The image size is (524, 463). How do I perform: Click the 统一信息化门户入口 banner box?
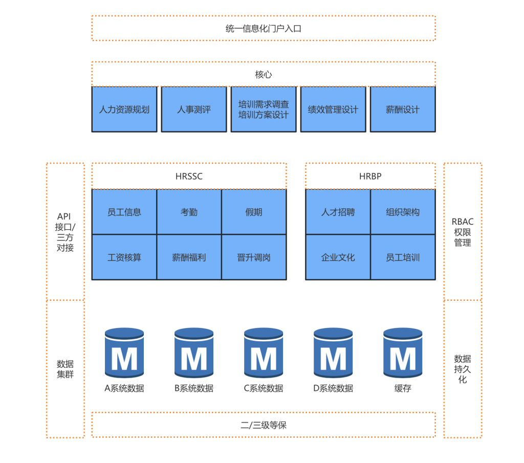click(x=264, y=28)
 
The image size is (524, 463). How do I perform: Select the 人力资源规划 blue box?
click(x=124, y=109)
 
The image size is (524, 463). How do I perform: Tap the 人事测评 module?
click(x=194, y=109)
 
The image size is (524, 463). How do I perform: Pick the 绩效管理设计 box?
click(x=333, y=109)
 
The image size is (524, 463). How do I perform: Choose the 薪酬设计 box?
click(x=403, y=109)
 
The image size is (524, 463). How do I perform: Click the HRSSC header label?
click(x=189, y=177)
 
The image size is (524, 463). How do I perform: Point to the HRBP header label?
click(x=370, y=177)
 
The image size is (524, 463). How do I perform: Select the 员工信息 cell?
click(x=124, y=212)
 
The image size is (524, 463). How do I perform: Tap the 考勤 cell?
click(x=189, y=212)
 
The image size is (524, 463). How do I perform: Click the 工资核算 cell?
click(x=124, y=257)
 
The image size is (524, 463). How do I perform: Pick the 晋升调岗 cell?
click(x=254, y=257)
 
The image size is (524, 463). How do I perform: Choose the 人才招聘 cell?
click(x=338, y=212)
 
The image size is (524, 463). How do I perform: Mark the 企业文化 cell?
click(x=338, y=257)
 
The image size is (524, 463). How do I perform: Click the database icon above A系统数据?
click(x=124, y=353)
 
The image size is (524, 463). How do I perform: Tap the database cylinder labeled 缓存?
click(x=403, y=353)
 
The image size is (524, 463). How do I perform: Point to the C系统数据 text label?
click(x=264, y=388)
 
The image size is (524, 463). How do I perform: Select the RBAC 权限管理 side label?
click(x=463, y=232)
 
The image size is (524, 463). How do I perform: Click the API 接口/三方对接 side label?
click(x=65, y=232)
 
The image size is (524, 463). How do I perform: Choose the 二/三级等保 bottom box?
click(x=264, y=425)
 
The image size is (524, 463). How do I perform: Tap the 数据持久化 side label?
click(x=463, y=369)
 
